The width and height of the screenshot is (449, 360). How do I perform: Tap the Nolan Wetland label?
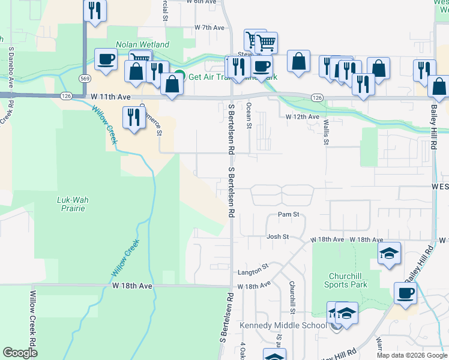click(143, 44)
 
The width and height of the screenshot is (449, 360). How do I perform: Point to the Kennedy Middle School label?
click(283, 326)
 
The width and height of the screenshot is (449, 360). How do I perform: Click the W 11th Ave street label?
click(111, 96)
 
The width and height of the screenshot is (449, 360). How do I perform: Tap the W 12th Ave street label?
click(302, 116)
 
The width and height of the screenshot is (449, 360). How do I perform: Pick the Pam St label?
click(288, 214)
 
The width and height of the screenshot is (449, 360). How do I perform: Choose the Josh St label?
click(278, 237)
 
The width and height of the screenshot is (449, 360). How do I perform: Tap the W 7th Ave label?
click(209, 28)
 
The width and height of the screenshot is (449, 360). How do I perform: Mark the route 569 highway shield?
click(84, 78)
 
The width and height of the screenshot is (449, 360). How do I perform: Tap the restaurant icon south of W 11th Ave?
click(132, 117)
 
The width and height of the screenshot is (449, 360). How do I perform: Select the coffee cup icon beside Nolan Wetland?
click(106, 60)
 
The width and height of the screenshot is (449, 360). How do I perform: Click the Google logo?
click(20, 353)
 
